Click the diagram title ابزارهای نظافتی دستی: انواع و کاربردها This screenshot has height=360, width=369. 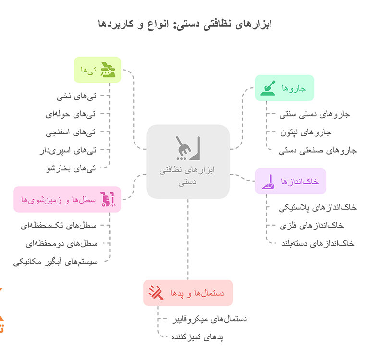(184, 24)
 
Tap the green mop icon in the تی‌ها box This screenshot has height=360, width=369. (108, 70)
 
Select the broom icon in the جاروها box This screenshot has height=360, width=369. (268, 88)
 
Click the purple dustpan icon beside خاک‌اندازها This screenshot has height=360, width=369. (268, 181)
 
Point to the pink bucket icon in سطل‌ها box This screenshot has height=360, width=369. (108, 199)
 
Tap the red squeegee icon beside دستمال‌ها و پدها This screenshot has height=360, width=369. (156, 293)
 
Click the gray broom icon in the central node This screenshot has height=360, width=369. (188, 148)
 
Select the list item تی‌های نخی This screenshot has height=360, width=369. (76, 96)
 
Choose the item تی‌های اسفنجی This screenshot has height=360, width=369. (71, 132)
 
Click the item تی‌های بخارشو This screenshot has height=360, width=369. (71, 168)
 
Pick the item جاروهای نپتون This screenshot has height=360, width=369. (306, 132)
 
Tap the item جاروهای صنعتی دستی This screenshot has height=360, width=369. (318, 151)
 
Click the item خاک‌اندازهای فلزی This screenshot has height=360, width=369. (311, 226)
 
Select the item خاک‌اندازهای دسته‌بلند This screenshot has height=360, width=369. (318, 244)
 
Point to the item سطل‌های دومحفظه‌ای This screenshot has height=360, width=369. (61, 244)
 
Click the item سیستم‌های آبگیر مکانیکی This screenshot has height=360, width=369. (55, 262)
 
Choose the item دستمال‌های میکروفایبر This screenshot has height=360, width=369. (209, 319)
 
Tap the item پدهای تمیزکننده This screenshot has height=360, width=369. (197, 337)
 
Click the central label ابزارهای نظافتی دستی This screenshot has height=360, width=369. (187, 176)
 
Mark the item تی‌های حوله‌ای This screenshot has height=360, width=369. (71, 115)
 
